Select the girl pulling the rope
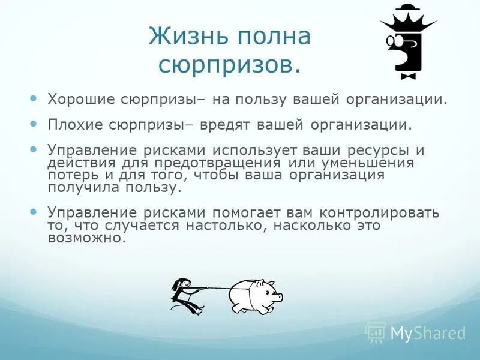[x=185, y=295]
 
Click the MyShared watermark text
[x=427, y=332]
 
